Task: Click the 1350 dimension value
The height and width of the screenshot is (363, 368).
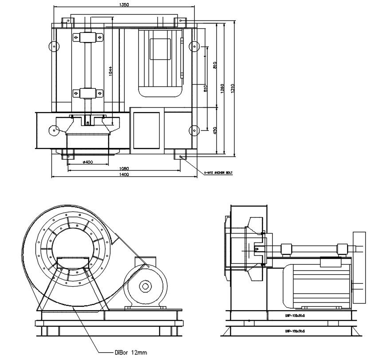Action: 124,4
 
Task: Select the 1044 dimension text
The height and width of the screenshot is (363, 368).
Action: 110,71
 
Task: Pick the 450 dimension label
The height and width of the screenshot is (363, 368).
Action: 215,130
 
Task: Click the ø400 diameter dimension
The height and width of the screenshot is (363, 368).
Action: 88,162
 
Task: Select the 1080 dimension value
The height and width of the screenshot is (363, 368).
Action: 124,169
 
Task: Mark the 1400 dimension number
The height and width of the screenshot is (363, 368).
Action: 124,175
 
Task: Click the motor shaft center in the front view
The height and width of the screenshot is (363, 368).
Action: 145,286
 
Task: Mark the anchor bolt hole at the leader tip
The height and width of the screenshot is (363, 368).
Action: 182,156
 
